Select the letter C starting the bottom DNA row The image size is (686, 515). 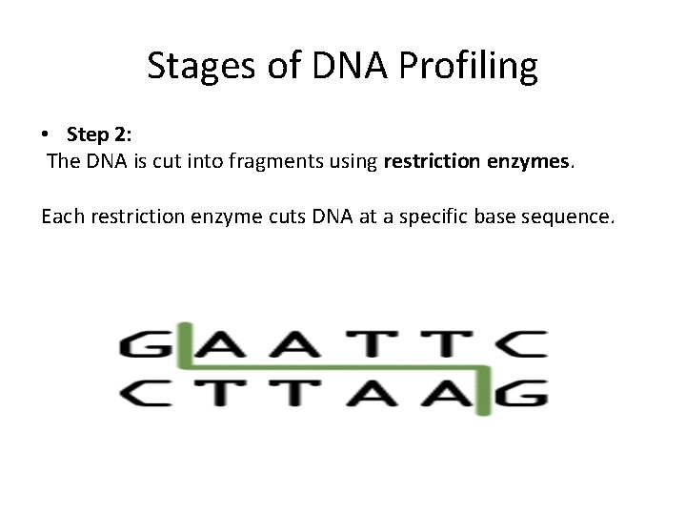tap(141, 393)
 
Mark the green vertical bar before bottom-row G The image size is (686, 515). tap(484, 391)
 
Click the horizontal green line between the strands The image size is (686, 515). tap(333, 368)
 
